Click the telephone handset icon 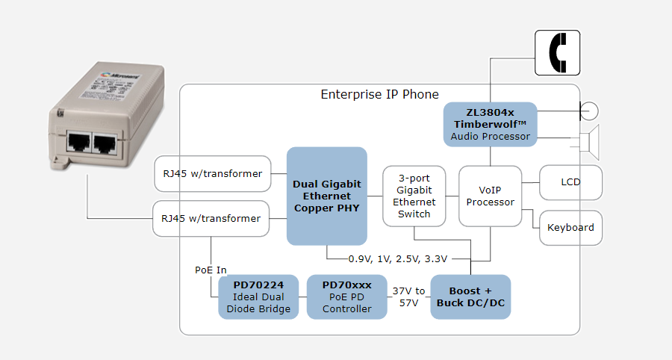pos(558,53)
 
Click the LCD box pos(570,182)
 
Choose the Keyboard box pos(570,227)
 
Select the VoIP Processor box pos(490,196)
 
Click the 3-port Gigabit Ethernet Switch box pos(414,196)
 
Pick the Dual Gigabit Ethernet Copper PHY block pos(327,196)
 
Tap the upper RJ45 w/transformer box pos(212,174)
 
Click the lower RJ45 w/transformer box pos(211,219)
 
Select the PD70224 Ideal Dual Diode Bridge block pos(259,297)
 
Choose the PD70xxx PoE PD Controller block pos(346,297)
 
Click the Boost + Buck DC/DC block pos(470,297)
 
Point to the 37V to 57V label pos(408,297)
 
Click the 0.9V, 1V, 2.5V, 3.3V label pos(398,259)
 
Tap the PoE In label pos(211,270)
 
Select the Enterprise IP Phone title pos(379,95)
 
